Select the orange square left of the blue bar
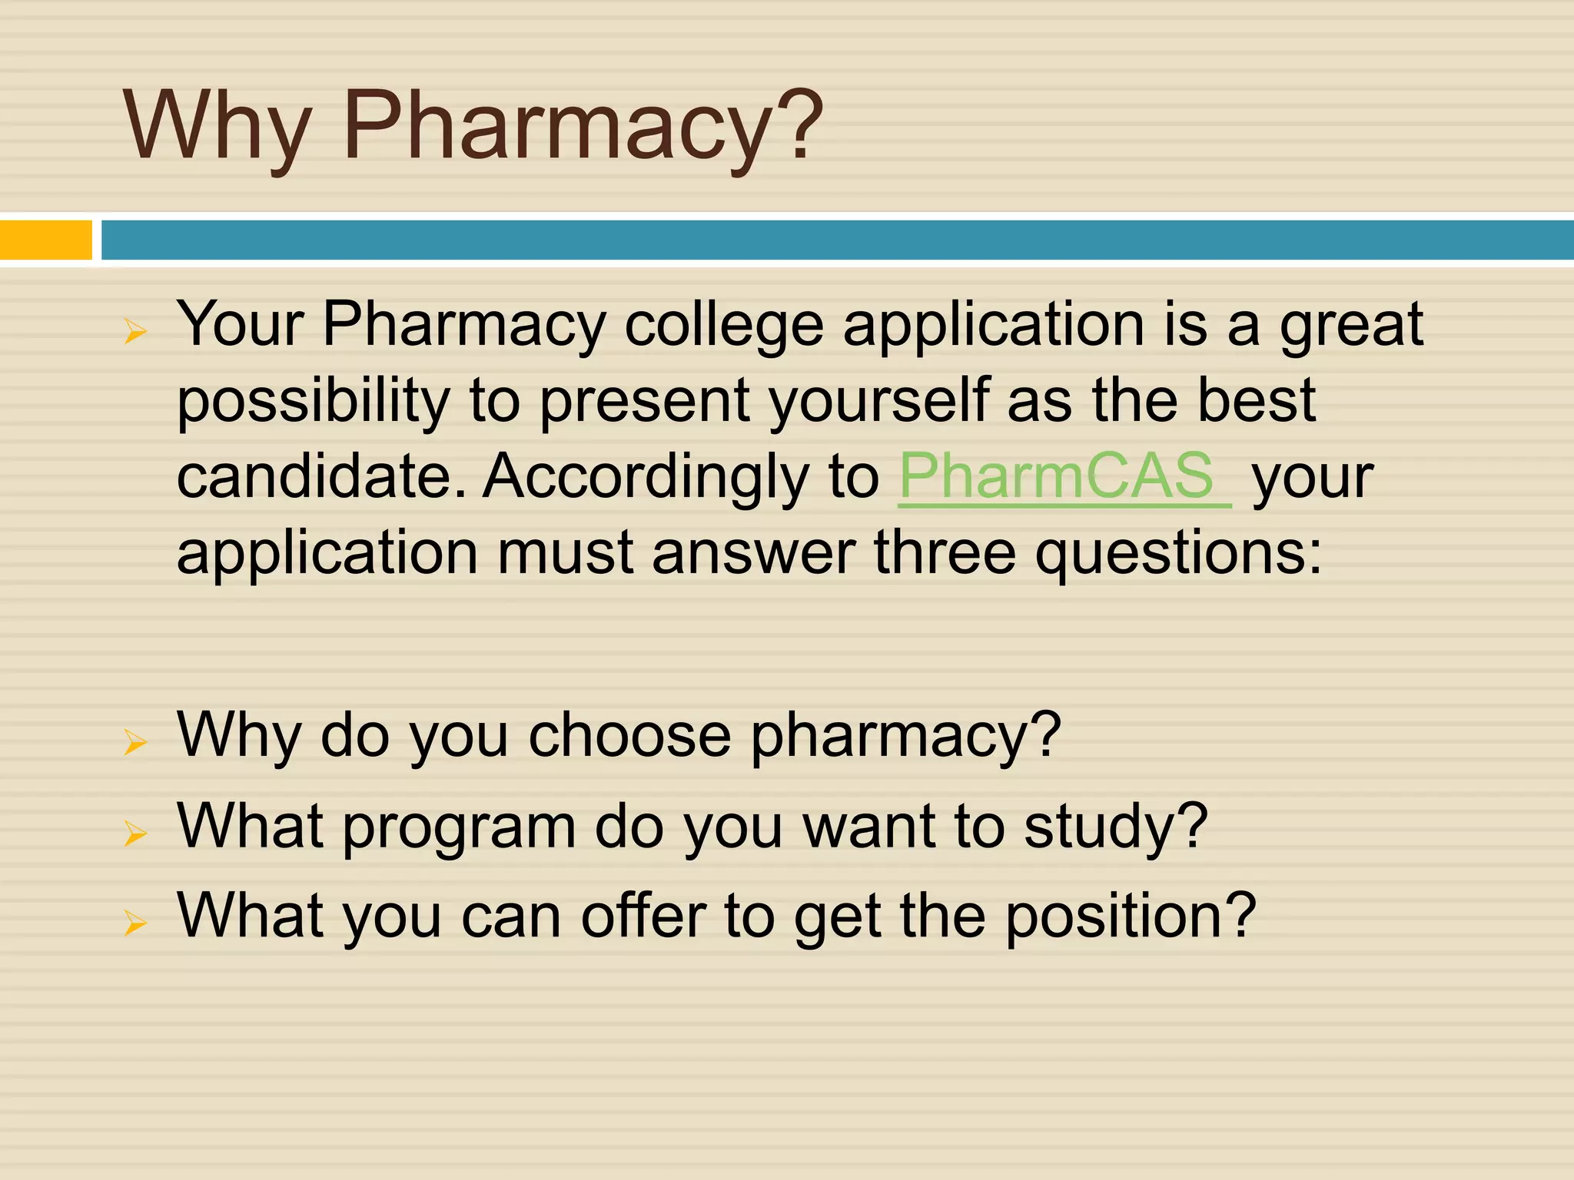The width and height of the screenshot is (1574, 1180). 45,240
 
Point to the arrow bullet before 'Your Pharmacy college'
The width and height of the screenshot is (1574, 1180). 135,332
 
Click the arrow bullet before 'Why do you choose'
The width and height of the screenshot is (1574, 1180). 135,742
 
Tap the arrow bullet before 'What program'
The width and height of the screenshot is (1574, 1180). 135,833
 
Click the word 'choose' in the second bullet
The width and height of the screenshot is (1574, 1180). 629,735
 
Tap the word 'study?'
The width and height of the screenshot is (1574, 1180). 1116,828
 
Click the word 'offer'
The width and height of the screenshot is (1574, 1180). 643,916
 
